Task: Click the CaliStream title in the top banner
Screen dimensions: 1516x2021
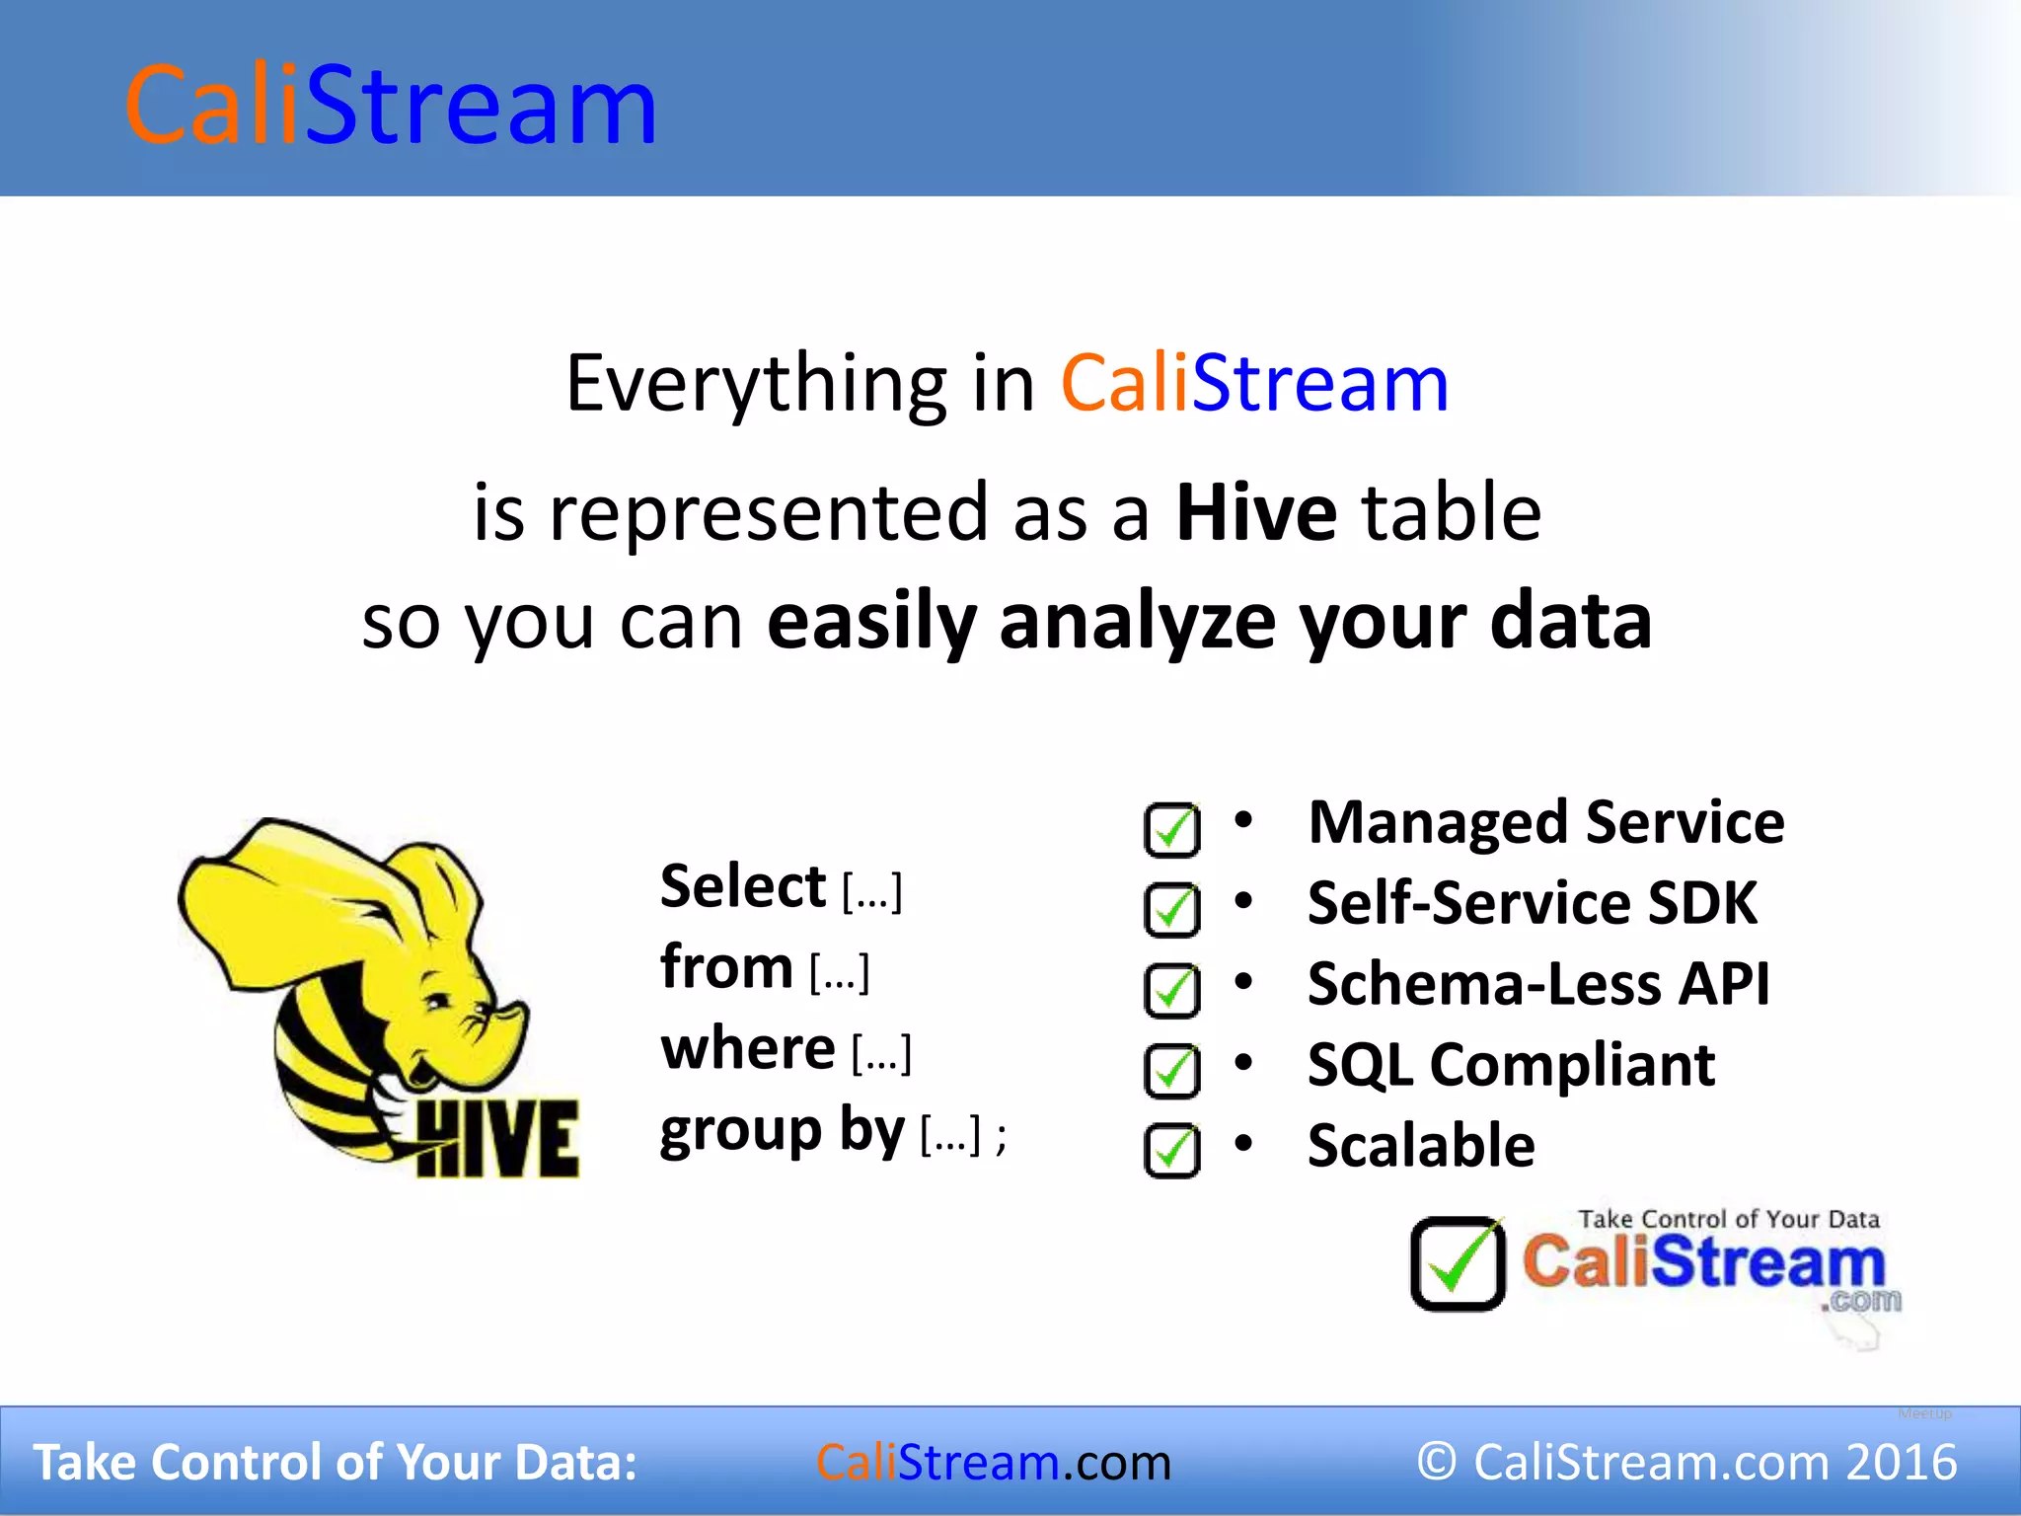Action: point(391,106)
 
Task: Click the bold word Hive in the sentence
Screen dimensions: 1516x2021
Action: point(1256,513)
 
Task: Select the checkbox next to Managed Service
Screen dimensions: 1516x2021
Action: point(1171,830)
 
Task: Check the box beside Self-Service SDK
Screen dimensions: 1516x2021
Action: point(1171,910)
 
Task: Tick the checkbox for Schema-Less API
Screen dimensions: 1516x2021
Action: point(1171,991)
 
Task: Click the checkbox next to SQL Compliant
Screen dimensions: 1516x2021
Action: point(1171,1071)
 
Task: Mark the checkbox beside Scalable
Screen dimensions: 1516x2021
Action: point(1171,1151)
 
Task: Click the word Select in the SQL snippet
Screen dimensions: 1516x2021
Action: point(742,886)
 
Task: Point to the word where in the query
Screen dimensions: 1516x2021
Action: point(748,1048)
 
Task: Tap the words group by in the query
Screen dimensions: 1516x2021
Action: point(782,1130)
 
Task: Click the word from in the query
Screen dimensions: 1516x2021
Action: point(726,967)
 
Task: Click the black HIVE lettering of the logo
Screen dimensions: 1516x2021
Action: point(496,1139)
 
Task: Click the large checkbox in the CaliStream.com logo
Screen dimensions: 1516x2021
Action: point(1458,1264)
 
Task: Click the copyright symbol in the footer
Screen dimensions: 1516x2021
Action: point(1437,1462)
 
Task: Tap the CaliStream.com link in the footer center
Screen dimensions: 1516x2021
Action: point(993,1463)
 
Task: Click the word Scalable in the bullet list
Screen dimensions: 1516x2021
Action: point(1421,1146)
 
